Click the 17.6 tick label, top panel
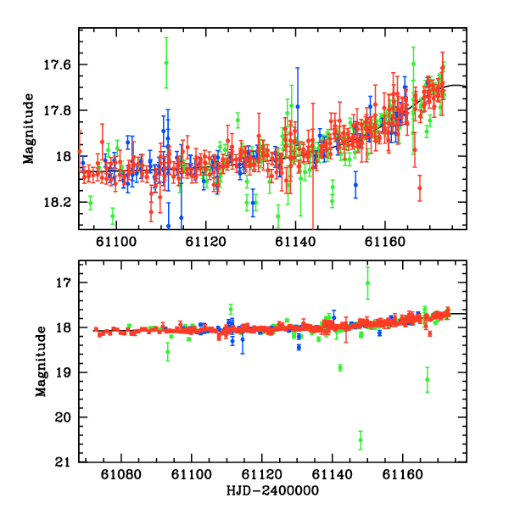(x=57, y=64)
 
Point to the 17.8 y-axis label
(x=57, y=110)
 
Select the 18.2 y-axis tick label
(x=57, y=203)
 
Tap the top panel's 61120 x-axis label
(x=206, y=242)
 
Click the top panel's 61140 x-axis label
(x=295, y=242)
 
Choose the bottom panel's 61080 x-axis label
(x=121, y=474)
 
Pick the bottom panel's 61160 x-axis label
(x=402, y=474)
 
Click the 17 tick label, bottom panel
(x=64, y=282)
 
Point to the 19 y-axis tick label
(x=64, y=372)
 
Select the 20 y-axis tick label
(x=63, y=417)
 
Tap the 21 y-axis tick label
(x=63, y=462)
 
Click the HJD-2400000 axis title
(x=272, y=490)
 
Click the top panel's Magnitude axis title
(x=29, y=129)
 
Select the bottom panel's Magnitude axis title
(x=41, y=361)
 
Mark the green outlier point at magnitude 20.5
(x=361, y=440)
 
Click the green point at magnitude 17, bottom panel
(x=367, y=283)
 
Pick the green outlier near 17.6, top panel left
(x=166, y=63)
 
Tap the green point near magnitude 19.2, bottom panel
(x=428, y=379)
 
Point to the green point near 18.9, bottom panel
(x=340, y=368)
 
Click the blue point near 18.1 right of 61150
(x=355, y=185)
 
